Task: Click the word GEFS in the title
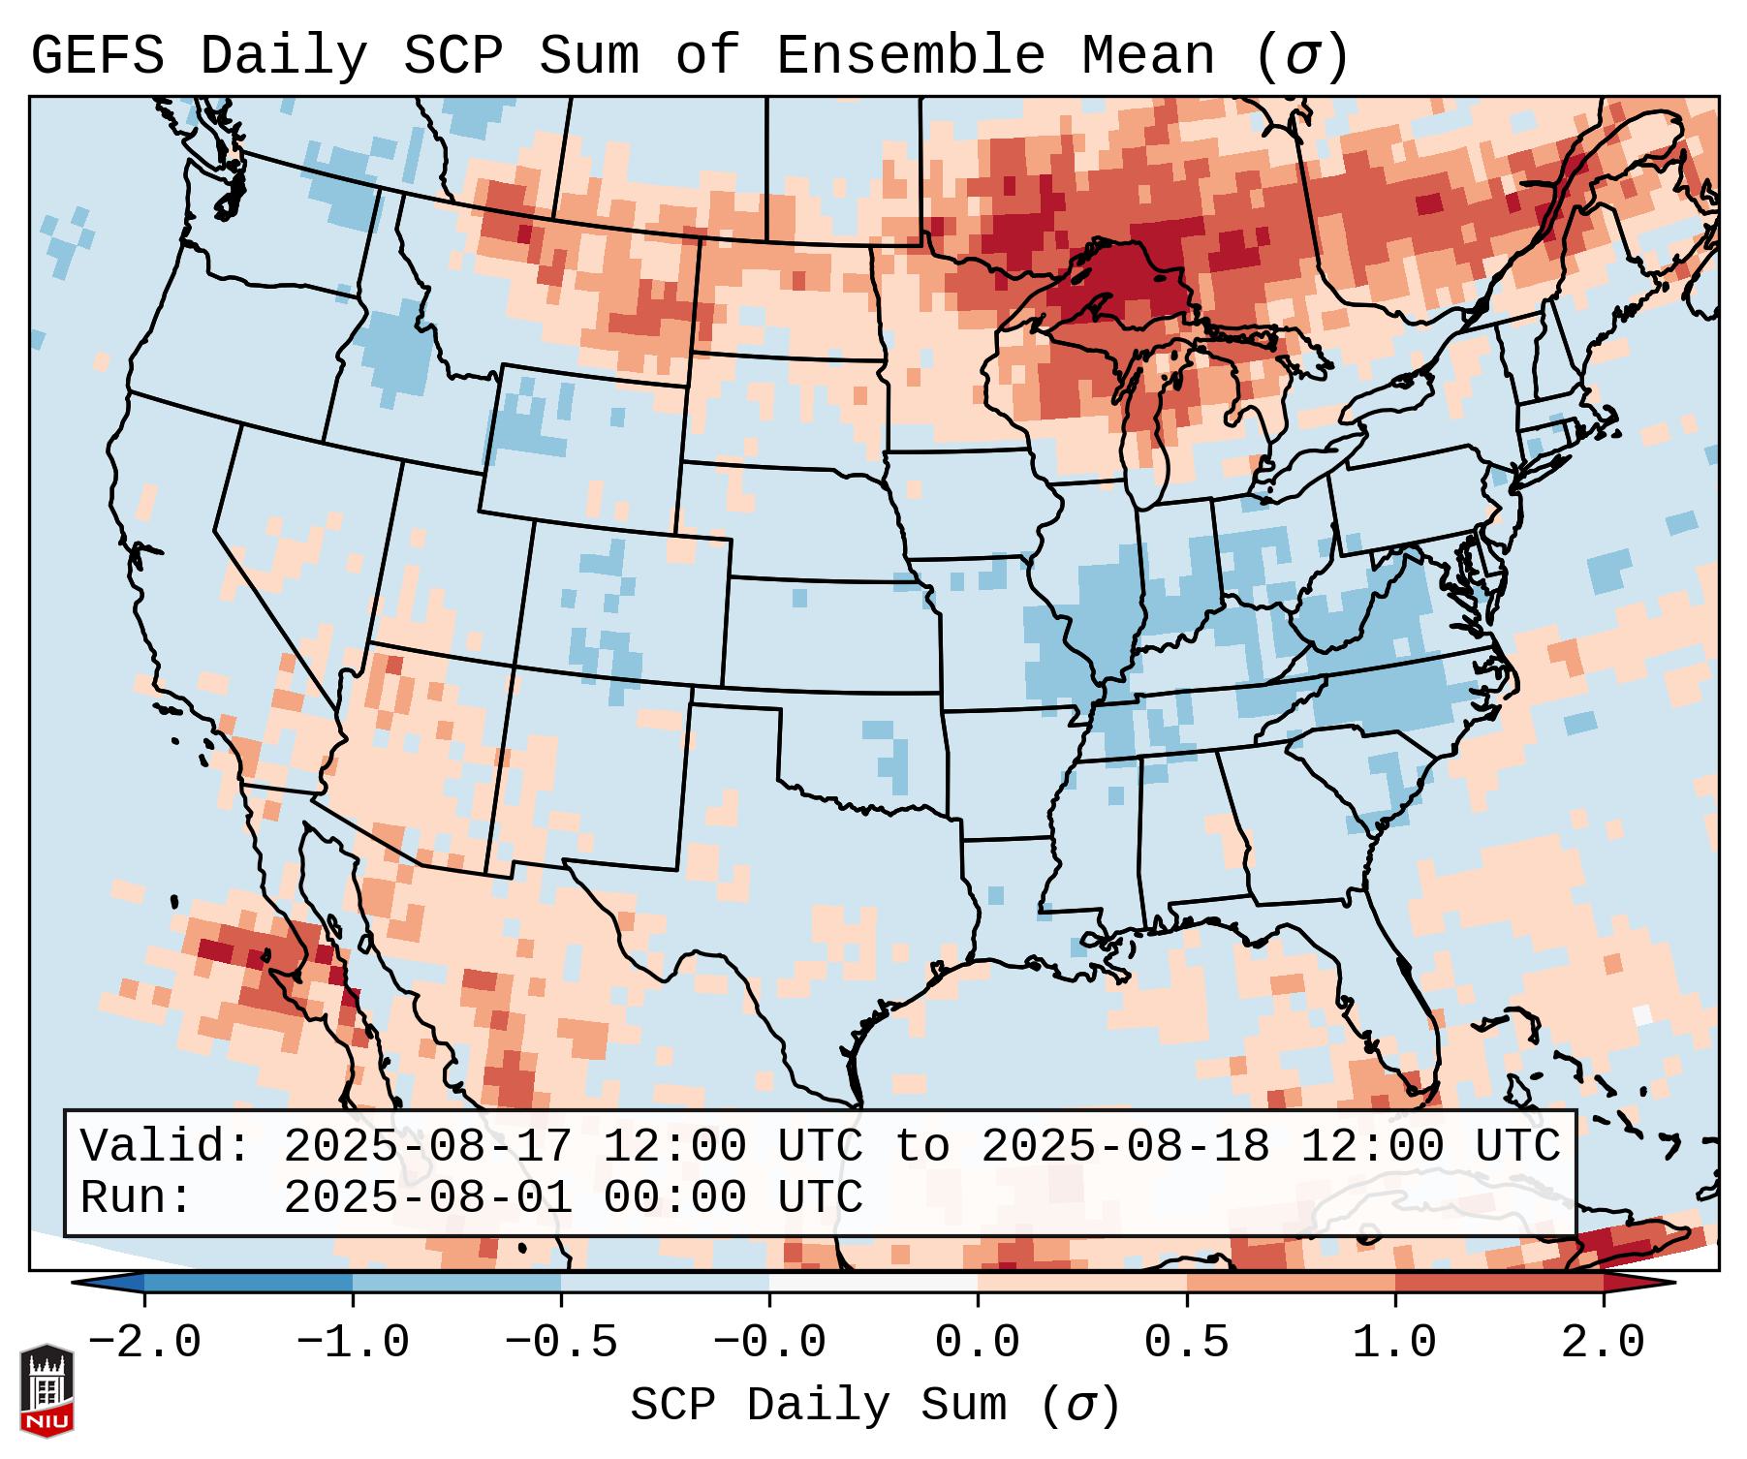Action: (97, 55)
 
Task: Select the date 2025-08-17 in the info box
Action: (427, 1146)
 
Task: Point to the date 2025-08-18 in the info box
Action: (1125, 1146)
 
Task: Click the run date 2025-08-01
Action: (427, 1198)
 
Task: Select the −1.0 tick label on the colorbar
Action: (352, 1343)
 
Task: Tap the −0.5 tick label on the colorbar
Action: (560, 1343)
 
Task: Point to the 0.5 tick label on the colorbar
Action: (1186, 1343)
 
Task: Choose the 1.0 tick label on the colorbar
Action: (1394, 1343)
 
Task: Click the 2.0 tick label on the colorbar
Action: (1603, 1343)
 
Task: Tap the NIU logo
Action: (47, 1389)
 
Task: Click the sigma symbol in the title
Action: (1301, 55)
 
